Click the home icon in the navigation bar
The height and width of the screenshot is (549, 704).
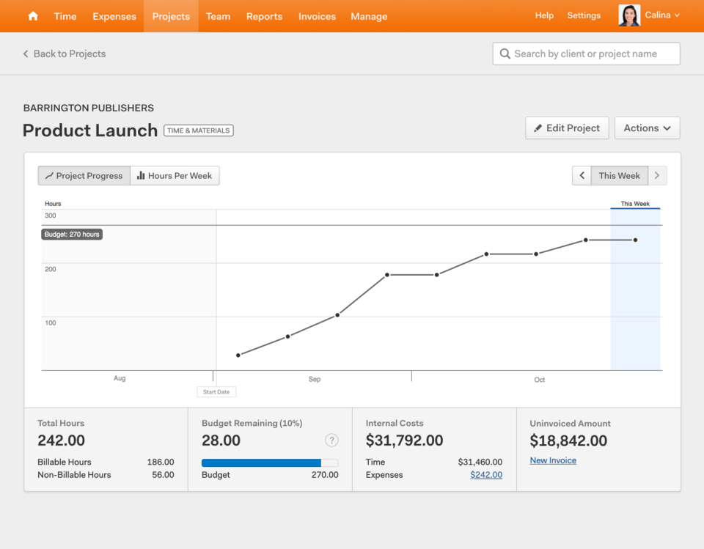coord(33,16)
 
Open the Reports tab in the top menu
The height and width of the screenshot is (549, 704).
coord(264,16)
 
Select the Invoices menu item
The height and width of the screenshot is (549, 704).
coord(317,16)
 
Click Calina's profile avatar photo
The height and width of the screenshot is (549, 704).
coord(629,15)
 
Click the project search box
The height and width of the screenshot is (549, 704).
coord(586,54)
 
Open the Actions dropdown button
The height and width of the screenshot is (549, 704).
coord(647,128)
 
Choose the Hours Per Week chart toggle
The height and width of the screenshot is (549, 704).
coord(175,176)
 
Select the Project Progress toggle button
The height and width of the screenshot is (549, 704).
coord(84,176)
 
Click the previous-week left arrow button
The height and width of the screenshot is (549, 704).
coord(582,176)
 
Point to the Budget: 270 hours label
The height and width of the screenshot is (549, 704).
coord(72,235)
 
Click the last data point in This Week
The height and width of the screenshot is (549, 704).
coord(635,240)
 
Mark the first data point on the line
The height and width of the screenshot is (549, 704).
coord(238,355)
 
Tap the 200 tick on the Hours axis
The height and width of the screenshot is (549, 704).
coord(50,269)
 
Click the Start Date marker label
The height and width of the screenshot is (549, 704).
coord(216,392)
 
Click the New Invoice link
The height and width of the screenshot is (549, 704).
coord(553,460)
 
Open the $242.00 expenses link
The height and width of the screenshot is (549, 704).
coord(486,475)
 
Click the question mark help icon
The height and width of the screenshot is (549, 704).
coord(331,441)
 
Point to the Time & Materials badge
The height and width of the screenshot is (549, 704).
coord(198,130)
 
